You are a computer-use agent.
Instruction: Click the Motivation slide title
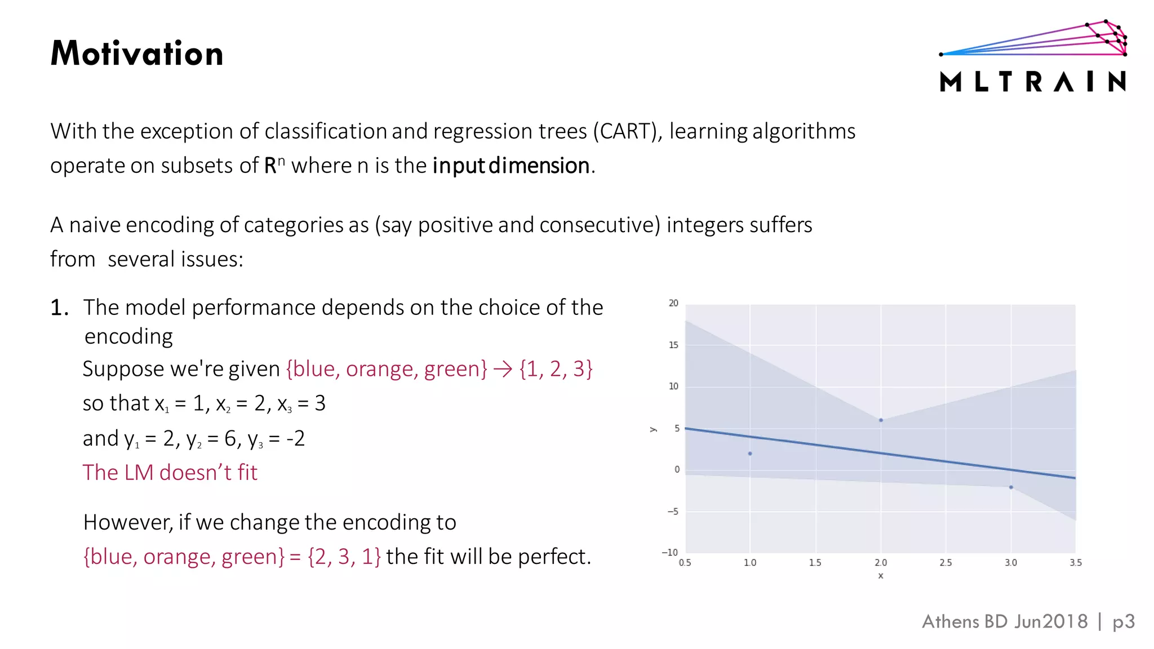tap(137, 54)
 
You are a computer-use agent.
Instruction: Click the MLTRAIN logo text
tap(1033, 82)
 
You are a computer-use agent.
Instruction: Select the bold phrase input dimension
tap(511, 166)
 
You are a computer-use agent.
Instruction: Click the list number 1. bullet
tap(59, 308)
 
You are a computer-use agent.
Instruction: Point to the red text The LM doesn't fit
tap(170, 472)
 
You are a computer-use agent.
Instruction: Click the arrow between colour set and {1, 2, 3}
tap(503, 369)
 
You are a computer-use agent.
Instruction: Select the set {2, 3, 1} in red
tap(344, 557)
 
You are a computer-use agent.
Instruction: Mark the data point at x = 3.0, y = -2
tap(1011, 487)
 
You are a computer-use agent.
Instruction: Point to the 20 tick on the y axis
tap(673, 303)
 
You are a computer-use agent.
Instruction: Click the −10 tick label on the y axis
tap(669, 552)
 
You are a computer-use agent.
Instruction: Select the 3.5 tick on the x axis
tap(1075, 562)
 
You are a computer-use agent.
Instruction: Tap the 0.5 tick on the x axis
tap(685, 562)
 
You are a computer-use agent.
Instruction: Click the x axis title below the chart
tap(880, 576)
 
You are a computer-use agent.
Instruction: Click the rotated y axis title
tap(653, 429)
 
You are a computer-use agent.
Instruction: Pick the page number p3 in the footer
tap(1123, 621)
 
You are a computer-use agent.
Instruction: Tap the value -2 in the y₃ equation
tap(295, 438)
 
